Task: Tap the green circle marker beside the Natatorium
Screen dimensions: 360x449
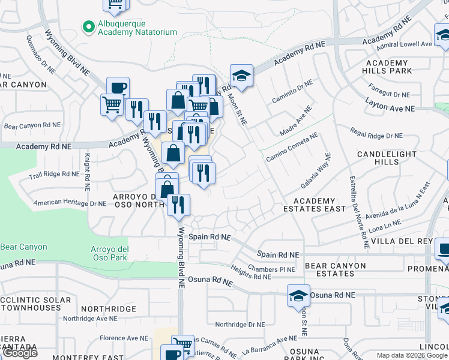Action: [x=89, y=26]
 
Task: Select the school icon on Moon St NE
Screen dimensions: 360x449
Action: [x=241, y=76]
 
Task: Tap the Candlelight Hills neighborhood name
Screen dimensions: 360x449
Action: [x=387, y=158]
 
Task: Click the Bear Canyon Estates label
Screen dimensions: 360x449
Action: [x=335, y=269]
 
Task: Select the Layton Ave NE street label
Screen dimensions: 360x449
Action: [x=390, y=109]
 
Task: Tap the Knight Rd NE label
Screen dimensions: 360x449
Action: [x=87, y=171]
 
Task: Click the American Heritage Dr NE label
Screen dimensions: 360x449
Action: [x=70, y=203]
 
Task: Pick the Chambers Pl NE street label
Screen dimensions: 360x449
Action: [x=271, y=269]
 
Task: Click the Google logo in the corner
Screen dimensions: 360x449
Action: [x=20, y=352]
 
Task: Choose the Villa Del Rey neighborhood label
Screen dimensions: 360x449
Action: [x=411, y=241]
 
